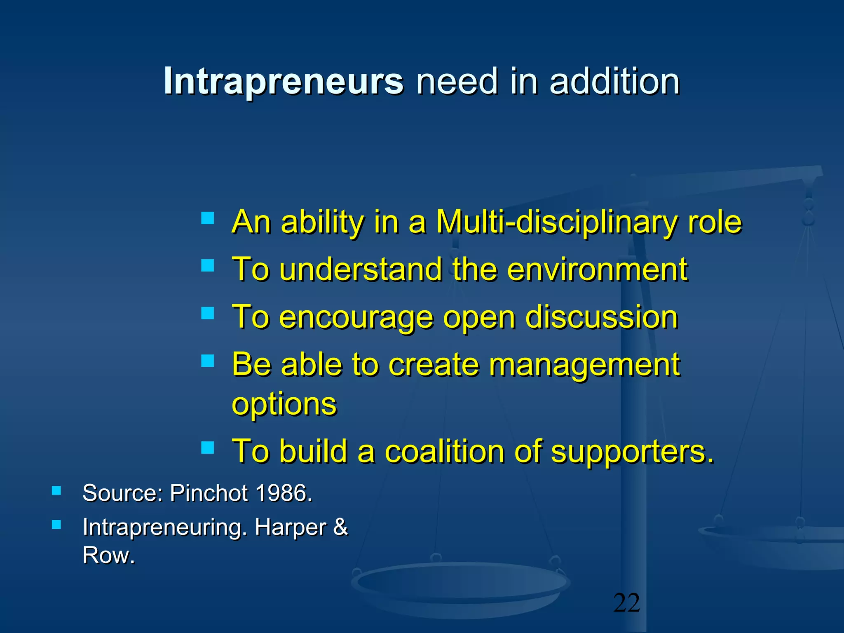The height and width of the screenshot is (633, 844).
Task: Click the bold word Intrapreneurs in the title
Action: coord(284,81)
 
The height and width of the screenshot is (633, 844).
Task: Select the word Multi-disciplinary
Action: coord(556,223)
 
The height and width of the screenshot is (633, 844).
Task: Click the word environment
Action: coord(597,270)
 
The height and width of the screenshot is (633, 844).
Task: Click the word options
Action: coord(284,405)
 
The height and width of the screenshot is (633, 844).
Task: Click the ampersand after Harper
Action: coord(340,527)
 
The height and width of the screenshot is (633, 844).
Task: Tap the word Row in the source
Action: coord(108,555)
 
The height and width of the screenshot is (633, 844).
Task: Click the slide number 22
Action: coord(626,603)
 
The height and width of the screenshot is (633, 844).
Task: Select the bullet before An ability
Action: coord(208,218)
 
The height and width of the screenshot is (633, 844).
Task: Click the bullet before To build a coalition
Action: coord(208,447)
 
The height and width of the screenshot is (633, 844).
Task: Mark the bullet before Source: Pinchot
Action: coord(56,490)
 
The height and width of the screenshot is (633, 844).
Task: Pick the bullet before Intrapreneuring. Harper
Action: coord(56,525)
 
